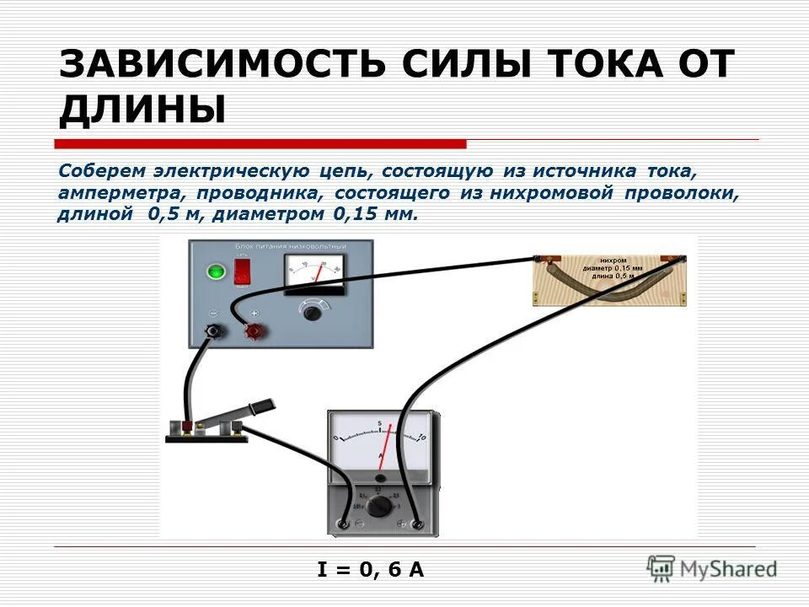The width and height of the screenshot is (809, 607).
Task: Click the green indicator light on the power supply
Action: point(217,271)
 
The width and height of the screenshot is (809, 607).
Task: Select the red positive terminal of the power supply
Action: point(252,331)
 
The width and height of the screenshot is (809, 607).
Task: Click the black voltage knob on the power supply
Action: point(313,313)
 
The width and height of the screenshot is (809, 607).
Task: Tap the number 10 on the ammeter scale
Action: point(422,437)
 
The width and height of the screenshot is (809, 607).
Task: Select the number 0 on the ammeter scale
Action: point(337,438)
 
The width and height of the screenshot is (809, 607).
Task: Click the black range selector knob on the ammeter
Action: point(381,506)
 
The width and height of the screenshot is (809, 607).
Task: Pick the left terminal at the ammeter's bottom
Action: point(345,524)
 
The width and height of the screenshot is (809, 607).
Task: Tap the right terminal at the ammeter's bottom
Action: point(417,524)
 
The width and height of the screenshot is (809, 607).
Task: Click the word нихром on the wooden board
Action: point(613,260)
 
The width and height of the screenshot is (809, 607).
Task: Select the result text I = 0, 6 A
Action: point(371,570)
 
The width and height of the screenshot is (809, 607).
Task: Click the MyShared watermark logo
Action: point(712,567)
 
